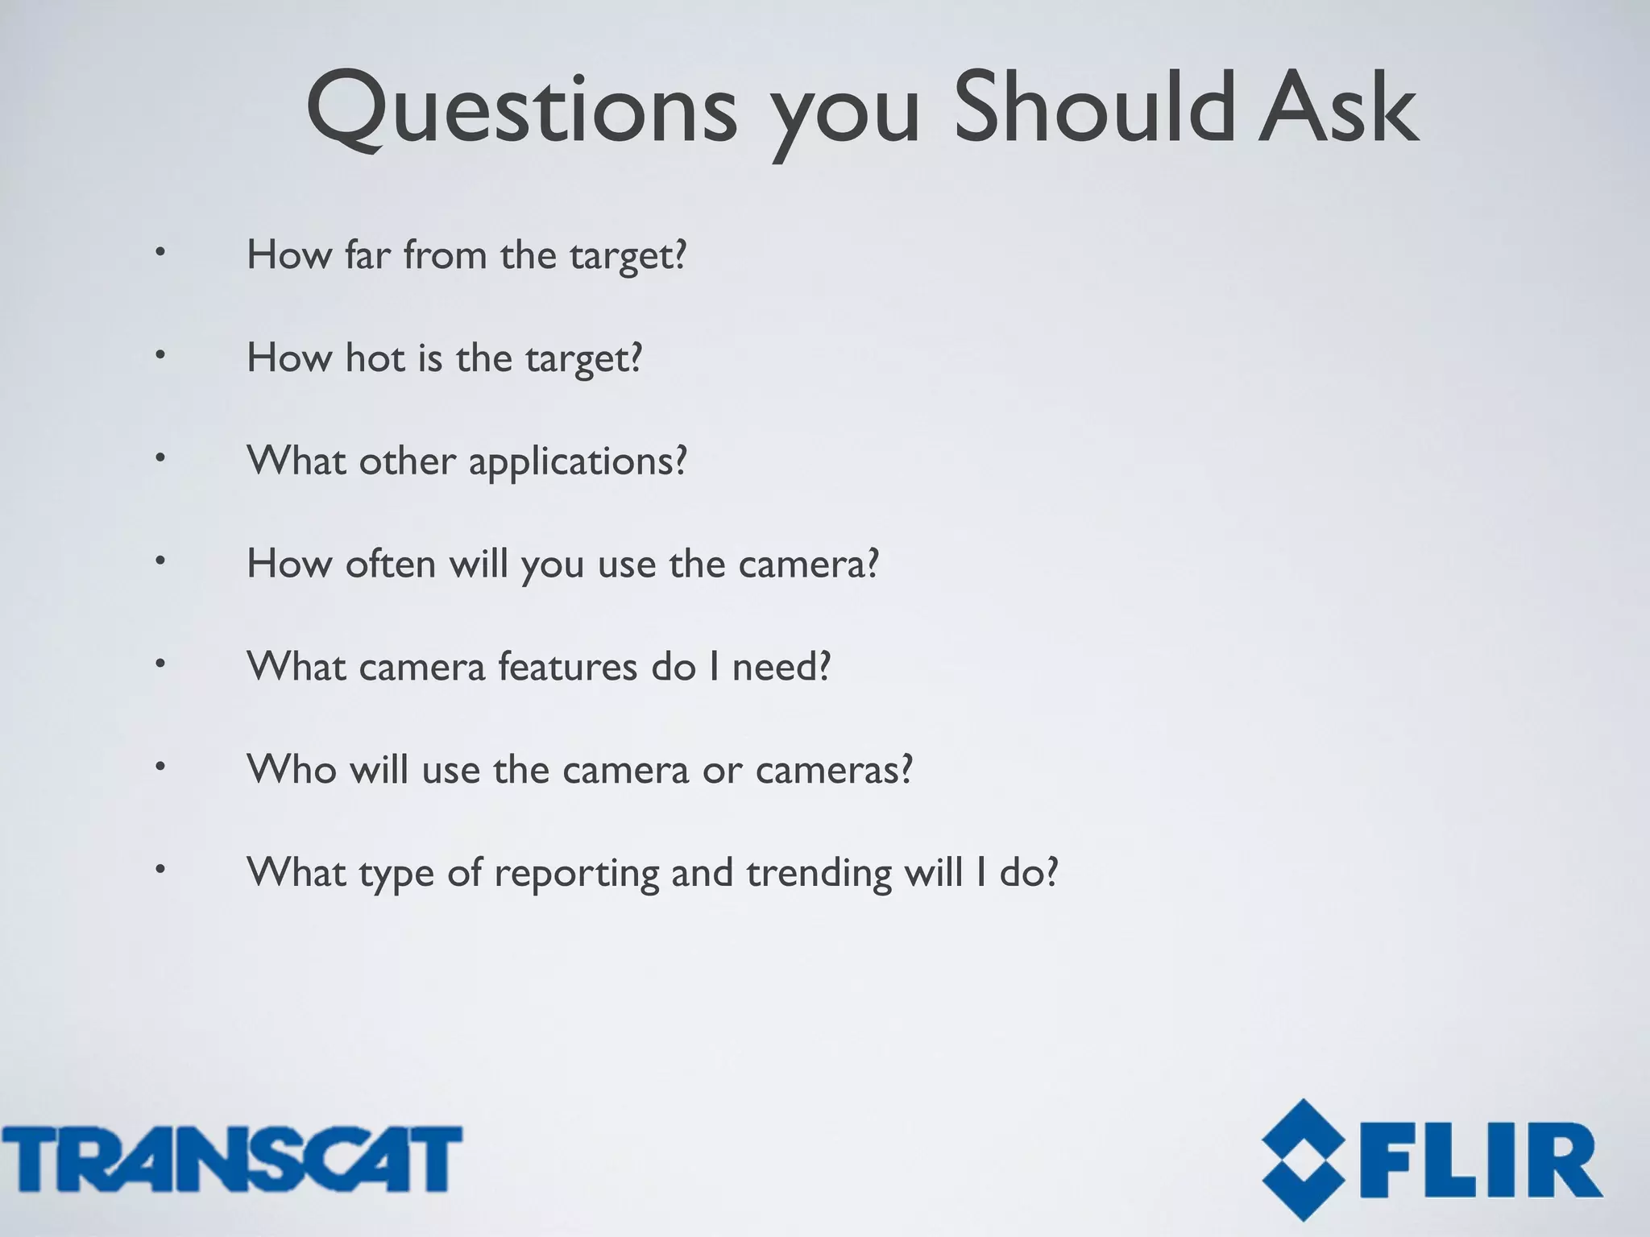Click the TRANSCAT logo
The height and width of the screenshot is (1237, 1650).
tap(231, 1159)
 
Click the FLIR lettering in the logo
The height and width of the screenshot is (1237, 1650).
tap(1481, 1160)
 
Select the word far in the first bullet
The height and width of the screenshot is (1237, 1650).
tap(367, 255)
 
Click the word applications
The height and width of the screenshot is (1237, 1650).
tap(577, 462)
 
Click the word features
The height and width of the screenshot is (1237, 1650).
tap(567, 666)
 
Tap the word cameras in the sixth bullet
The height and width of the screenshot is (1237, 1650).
tap(833, 770)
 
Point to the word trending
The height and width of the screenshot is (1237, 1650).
tap(819, 874)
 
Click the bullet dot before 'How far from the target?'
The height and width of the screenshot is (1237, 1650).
tap(160, 253)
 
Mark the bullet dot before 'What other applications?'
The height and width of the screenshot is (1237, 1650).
tap(160, 458)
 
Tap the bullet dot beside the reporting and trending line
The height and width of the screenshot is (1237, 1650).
tap(160, 870)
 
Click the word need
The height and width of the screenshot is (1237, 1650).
tap(780, 666)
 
